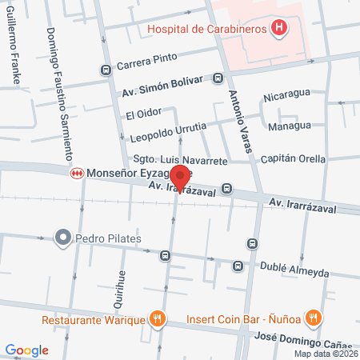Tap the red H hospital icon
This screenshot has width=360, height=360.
[279, 30]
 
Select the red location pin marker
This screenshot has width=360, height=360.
[181, 177]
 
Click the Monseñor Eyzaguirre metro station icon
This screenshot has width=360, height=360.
[77, 172]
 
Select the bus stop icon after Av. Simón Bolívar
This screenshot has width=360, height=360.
[218, 78]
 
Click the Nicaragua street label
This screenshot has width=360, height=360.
[286, 102]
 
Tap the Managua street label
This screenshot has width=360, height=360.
[290, 126]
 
